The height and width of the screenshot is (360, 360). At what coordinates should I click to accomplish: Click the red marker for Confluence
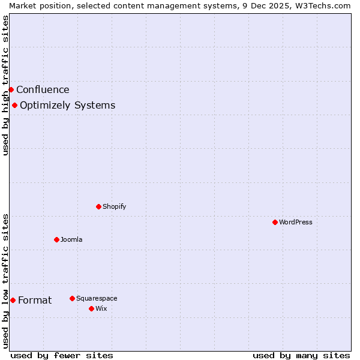pos(11,90)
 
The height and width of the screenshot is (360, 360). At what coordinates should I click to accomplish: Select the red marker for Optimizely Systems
pos(14,106)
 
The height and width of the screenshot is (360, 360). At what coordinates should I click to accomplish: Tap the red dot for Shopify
pos(98,207)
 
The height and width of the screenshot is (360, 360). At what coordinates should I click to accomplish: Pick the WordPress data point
pos(275,223)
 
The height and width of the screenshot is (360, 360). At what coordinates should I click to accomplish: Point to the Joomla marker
pos(56,240)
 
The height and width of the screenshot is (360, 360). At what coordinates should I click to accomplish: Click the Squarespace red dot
pos(72,299)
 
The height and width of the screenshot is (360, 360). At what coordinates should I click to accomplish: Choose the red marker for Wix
pos(91,309)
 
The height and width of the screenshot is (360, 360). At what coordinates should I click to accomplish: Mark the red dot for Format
pos(13,301)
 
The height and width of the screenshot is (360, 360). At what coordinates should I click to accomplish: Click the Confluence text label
pos(43,90)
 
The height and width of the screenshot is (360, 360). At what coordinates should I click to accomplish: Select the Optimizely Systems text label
pos(67,106)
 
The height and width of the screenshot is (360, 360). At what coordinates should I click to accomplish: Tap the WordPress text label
pos(295,223)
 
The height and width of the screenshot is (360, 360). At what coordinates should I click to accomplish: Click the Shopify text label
pos(114,207)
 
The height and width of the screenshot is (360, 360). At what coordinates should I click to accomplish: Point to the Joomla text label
pos(71,240)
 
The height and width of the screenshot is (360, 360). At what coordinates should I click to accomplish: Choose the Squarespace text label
pos(97,299)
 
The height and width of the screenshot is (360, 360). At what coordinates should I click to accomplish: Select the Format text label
pos(35,301)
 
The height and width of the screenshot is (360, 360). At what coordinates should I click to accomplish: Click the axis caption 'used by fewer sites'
pos(62,355)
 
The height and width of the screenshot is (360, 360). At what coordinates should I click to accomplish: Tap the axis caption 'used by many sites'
pos(301,355)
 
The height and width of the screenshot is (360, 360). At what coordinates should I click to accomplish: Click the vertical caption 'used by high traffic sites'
pos(5,85)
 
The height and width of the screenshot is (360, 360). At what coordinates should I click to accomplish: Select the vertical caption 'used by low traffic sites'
pos(5,281)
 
